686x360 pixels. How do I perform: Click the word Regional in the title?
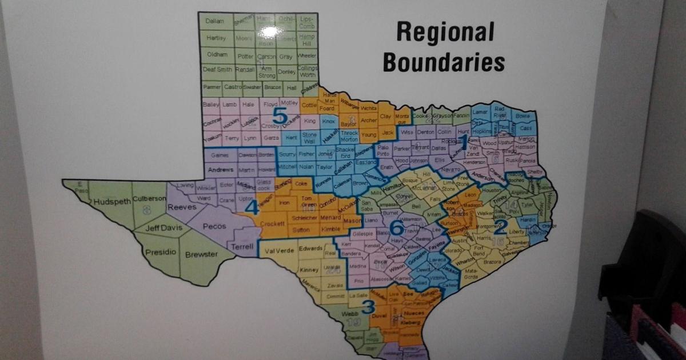(x=445, y=33)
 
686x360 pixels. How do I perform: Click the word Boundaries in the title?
(x=444, y=61)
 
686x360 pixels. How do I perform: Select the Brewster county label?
(x=201, y=254)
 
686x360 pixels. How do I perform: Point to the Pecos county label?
(x=214, y=226)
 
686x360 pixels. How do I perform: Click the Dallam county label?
(x=214, y=21)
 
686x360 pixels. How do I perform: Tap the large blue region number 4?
(x=252, y=207)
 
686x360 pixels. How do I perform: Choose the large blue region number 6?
(x=396, y=228)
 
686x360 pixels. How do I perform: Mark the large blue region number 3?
(x=369, y=307)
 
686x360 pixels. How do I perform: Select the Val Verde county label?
(x=279, y=250)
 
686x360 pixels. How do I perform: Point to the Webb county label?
(x=349, y=314)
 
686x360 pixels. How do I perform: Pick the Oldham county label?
(x=214, y=57)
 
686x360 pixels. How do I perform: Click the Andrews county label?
(x=221, y=170)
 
